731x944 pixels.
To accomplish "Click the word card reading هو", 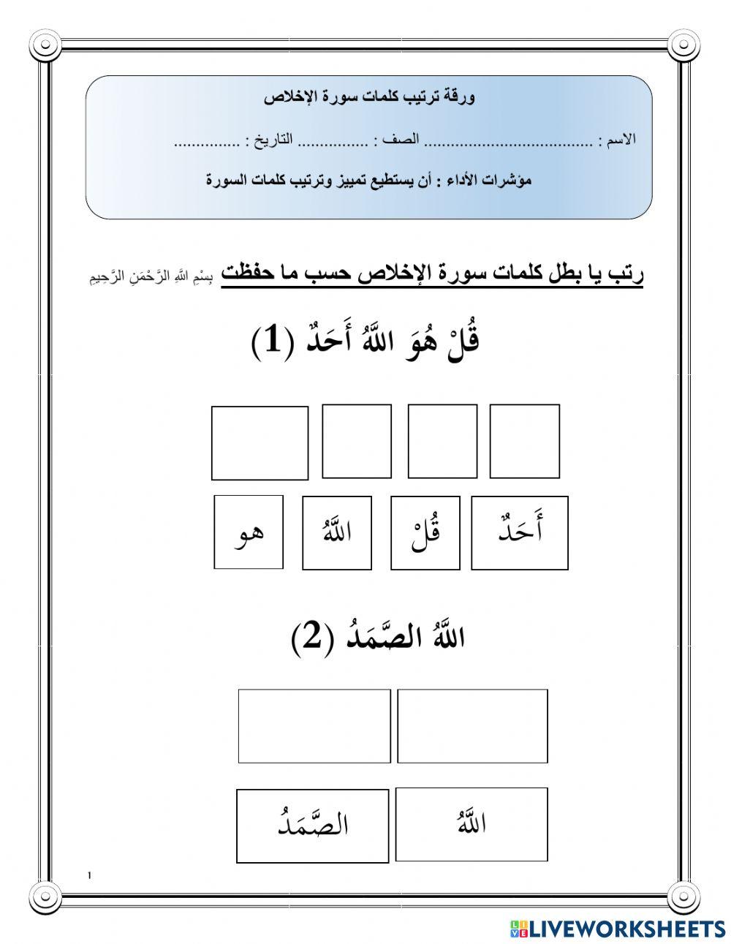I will click(x=249, y=532).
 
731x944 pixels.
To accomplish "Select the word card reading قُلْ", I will click(x=425, y=532).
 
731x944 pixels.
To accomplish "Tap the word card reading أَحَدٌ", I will click(x=519, y=532).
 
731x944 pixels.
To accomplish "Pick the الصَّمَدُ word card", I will click(x=313, y=826).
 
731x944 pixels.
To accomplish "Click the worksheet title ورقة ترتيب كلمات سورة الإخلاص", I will click(x=369, y=98).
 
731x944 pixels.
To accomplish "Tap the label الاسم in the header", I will click(x=617, y=140).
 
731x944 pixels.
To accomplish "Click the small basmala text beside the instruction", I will click(x=154, y=277).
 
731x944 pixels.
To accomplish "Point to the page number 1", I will click(x=89, y=875).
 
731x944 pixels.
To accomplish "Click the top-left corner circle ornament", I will click(x=45, y=45).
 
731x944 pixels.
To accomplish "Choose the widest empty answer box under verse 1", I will click(x=260, y=443).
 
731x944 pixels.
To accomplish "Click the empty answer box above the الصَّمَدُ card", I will click(x=314, y=725).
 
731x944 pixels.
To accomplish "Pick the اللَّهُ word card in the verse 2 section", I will click(x=471, y=824).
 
